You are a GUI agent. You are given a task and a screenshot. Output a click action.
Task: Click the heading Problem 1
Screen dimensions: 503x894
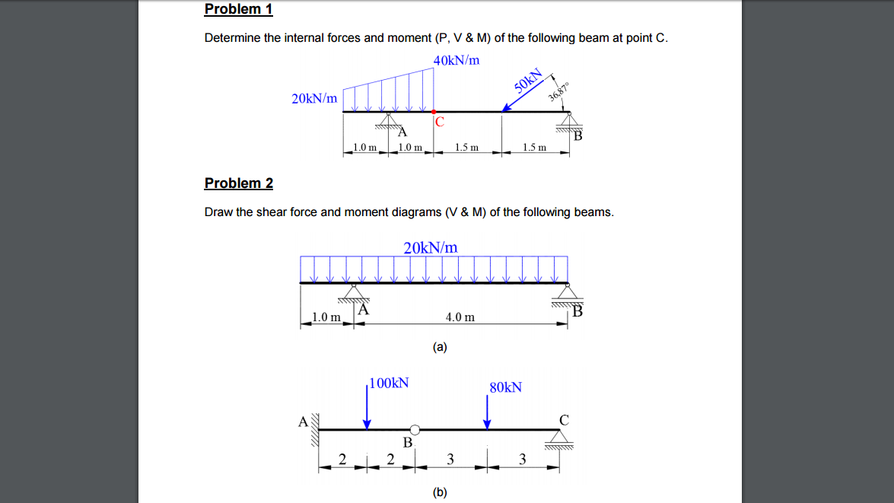pyautogui.click(x=238, y=9)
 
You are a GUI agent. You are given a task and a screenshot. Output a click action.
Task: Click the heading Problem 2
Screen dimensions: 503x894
pyautogui.click(x=238, y=183)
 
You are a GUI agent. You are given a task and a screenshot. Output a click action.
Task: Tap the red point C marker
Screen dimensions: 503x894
pyautogui.click(x=434, y=111)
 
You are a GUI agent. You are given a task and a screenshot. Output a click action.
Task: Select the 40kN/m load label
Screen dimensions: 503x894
pyautogui.click(x=457, y=60)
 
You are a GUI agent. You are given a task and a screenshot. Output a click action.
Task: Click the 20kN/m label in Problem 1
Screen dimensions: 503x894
pyautogui.click(x=314, y=98)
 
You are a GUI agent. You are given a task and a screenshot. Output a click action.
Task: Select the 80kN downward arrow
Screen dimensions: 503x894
pyautogui.click(x=488, y=413)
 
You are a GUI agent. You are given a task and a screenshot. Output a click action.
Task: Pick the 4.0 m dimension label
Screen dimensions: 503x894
pyautogui.click(x=460, y=317)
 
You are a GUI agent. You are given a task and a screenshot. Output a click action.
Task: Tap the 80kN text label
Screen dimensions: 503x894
pyautogui.click(x=506, y=387)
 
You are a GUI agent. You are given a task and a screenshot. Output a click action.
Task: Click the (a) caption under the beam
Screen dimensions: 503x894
pyautogui.click(x=440, y=347)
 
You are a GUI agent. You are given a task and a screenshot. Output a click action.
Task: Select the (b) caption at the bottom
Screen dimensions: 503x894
pyautogui.click(x=440, y=492)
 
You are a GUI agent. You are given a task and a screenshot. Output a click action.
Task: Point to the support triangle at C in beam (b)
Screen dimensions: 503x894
pyautogui.click(x=564, y=437)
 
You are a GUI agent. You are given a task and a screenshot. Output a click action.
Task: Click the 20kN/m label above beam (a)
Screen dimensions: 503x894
pyautogui.click(x=431, y=247)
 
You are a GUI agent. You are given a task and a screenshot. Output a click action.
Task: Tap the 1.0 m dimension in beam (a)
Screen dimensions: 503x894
pyautogui.click(x=326, y=317)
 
